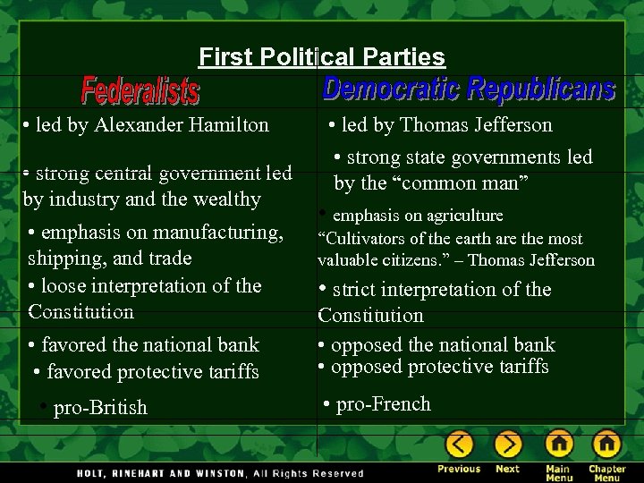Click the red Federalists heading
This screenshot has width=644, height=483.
(140, 90)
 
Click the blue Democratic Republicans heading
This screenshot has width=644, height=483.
(468, 89)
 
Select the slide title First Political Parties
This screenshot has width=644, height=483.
(322, 57)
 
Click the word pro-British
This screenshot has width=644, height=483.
(100, 408)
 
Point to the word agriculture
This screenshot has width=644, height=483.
(458, 216)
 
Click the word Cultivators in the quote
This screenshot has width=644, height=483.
(361, 239)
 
